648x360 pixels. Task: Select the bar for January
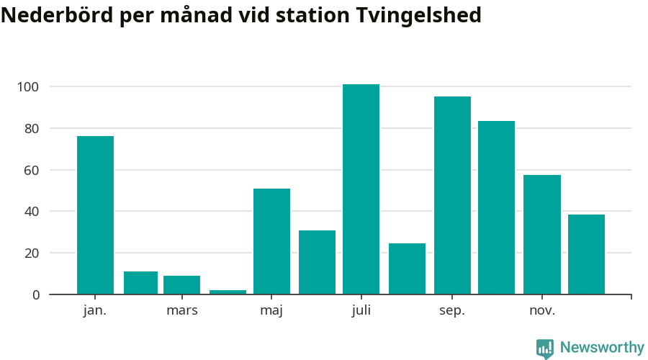pos(95,215)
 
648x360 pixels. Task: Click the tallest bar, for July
pos(361,189)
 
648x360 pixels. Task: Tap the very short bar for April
pos(228,292)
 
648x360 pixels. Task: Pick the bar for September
pos(452,195)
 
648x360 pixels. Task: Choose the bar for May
pos(271,241)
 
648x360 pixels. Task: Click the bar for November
pos(541,234)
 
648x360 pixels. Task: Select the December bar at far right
pos(586,254)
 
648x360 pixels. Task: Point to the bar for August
pos(407,269)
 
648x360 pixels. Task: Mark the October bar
pos(496,207)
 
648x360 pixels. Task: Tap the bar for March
pos(181,285)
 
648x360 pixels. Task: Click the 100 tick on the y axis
pos(29,87)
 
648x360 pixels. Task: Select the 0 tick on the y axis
pos(35,294)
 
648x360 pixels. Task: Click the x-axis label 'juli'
pos(361,311)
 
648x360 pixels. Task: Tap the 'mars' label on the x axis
pos(181,311)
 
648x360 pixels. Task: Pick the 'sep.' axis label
pos(452,311)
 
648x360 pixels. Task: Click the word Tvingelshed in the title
pos(418,15)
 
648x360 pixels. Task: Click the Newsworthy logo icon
pos(545,348)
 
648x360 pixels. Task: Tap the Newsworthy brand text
pos(602,348)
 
